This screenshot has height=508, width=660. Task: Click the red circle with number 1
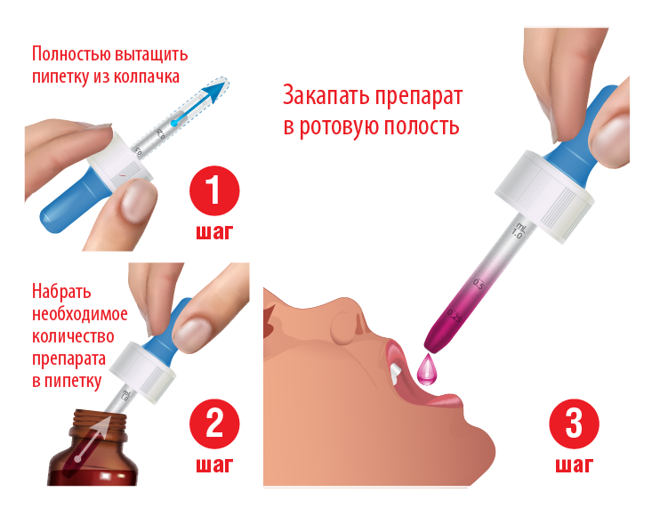click(214, 190)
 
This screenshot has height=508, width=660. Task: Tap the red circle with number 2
click(214, 423)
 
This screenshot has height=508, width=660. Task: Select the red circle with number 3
click(574, 423)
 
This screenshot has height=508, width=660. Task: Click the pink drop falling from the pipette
click(427, 369)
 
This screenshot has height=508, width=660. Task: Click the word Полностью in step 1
click(71, 54)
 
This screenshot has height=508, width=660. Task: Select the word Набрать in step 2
click(61, 291)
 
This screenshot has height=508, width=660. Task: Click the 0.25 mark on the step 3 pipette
click(455, 316)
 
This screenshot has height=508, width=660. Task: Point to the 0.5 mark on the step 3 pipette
click(479, 284)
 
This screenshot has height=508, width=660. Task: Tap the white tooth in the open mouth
click(396, 374)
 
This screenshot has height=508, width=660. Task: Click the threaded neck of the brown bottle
click(100, 425)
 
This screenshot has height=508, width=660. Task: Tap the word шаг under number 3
click(574, 465)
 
